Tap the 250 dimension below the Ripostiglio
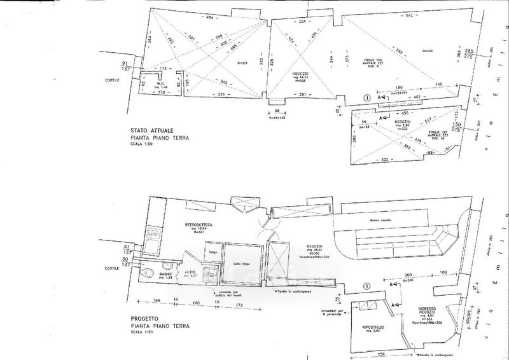[x=380, y=353]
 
